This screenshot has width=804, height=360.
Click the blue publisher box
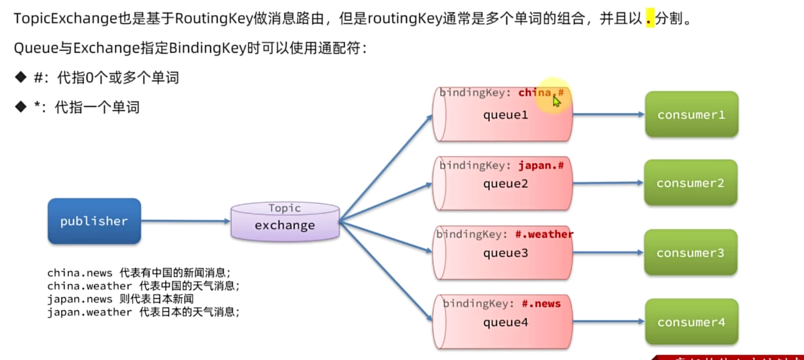point(94,221)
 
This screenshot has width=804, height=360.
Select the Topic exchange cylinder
point(285,222)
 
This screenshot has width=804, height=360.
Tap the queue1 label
point(505,115)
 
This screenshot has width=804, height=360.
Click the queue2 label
point(505,184)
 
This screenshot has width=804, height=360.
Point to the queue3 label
point(505,253)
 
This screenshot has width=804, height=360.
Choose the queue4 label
point(505,322)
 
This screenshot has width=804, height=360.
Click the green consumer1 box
point(691,114)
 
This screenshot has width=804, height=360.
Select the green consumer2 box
point(690,183)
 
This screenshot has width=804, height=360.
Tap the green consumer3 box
point(690,252)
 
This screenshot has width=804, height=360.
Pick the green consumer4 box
point(691,322)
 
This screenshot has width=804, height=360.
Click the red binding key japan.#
point(541,166)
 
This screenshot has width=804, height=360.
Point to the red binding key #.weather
point(544,234)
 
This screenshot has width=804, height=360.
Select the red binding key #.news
point(541,304)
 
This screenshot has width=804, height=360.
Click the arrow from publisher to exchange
point(185,221)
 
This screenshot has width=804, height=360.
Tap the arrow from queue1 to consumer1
point(608,114)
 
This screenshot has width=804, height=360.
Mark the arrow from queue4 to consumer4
point(608,321)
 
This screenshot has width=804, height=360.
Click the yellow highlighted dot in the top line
point(650,19)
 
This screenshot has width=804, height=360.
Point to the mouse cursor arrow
point(557,102)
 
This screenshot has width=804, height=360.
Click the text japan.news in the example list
point(80,299)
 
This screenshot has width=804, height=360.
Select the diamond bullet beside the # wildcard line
point(21,77)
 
